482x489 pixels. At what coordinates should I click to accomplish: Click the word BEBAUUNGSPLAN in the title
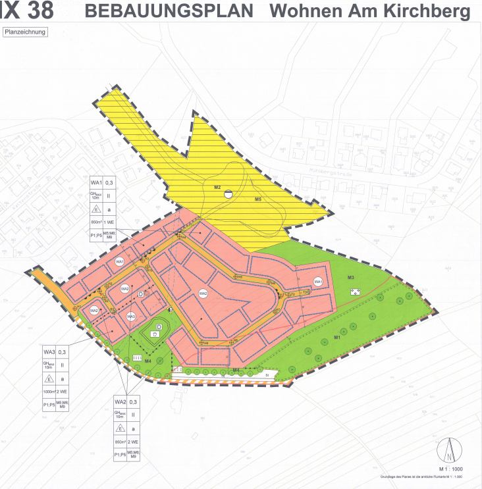point(169,11)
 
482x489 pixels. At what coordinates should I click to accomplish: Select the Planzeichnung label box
point(26,31)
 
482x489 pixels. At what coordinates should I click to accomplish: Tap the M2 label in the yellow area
point(217,188)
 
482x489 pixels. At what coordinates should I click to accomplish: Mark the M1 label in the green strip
point(336,337)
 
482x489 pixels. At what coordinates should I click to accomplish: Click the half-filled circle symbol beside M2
point(228,193)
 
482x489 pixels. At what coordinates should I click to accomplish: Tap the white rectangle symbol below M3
point(356,291)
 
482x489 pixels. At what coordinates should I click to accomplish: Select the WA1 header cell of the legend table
point(97,182)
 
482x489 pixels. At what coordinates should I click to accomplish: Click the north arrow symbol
point(448,451)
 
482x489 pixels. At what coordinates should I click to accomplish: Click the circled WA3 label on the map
point(130,317)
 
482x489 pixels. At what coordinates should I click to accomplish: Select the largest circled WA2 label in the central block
point(203,294)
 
